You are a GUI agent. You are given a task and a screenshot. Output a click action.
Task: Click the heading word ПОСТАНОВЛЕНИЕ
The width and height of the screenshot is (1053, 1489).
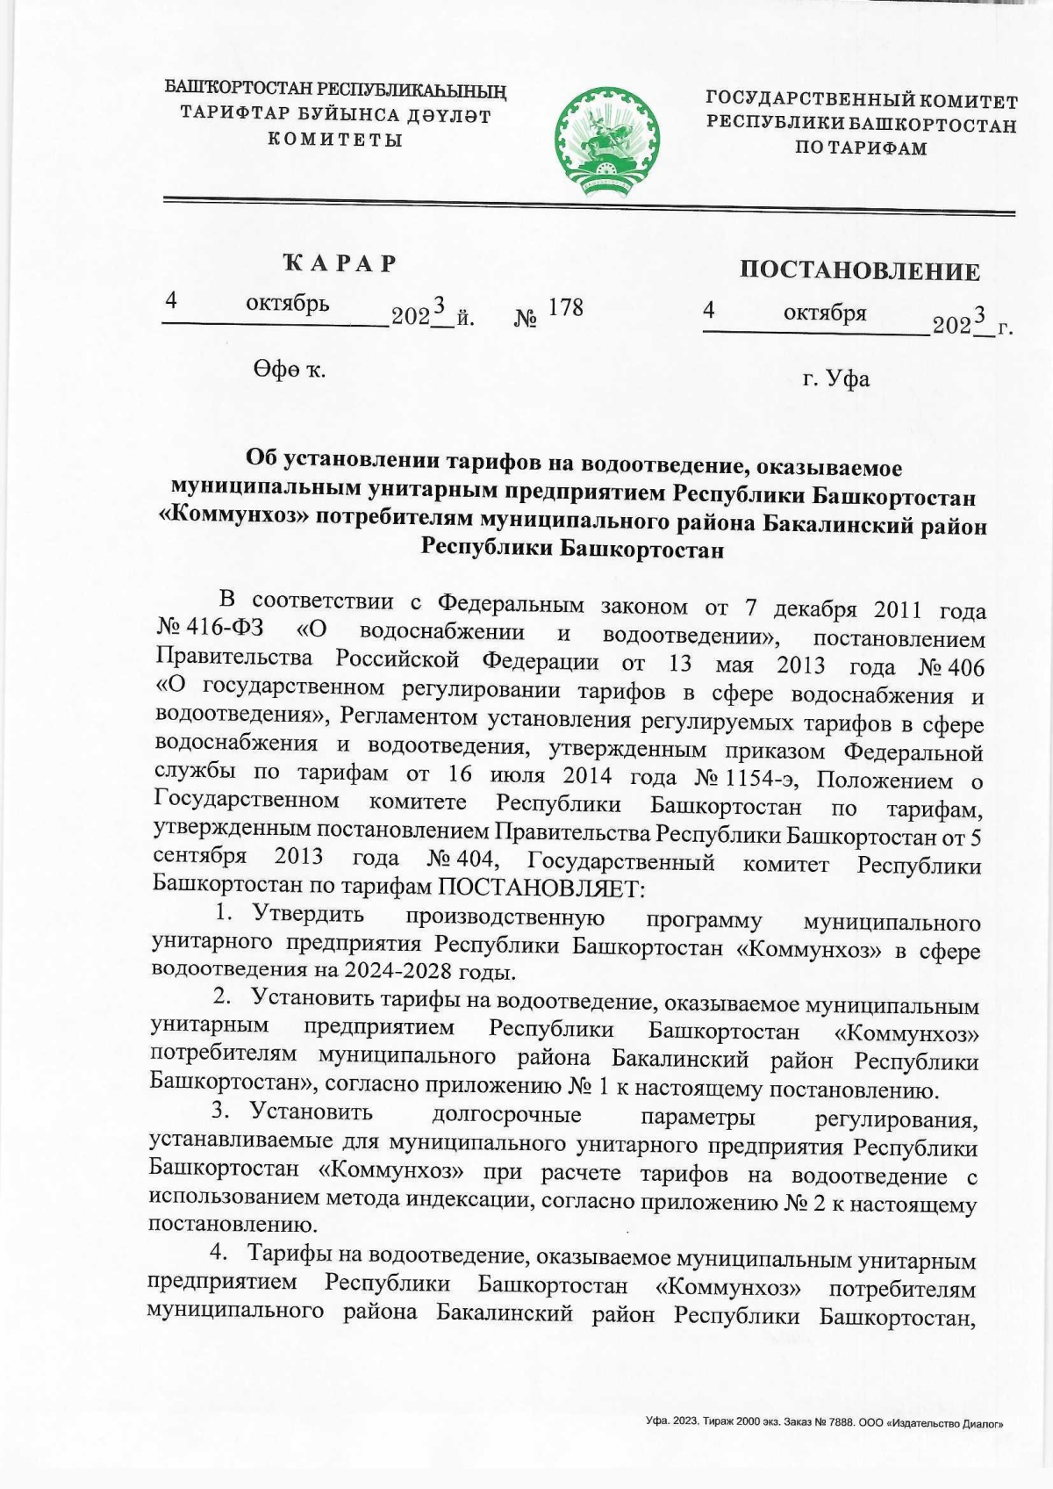(x=859, y=271)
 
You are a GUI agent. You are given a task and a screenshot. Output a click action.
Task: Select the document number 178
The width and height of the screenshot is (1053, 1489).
(x=565, y=307)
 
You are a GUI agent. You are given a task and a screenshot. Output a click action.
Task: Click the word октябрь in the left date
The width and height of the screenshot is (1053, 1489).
(x=288, y=304)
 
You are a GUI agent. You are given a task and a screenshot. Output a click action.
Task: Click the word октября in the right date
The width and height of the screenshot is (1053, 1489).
(x=825, y=312)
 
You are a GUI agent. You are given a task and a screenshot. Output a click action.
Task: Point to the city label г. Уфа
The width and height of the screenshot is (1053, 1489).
(x=835, y=378)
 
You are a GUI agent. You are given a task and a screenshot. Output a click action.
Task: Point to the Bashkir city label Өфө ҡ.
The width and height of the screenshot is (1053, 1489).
(x=289, y=370)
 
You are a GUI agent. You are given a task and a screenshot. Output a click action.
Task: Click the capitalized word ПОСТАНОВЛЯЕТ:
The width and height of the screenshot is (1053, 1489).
(x=541, y=888)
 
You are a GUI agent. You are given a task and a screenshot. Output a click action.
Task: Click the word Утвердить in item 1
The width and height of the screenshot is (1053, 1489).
(x=308, y=914)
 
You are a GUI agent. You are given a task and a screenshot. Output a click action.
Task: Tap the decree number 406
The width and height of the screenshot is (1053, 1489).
(x=966, y=667)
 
